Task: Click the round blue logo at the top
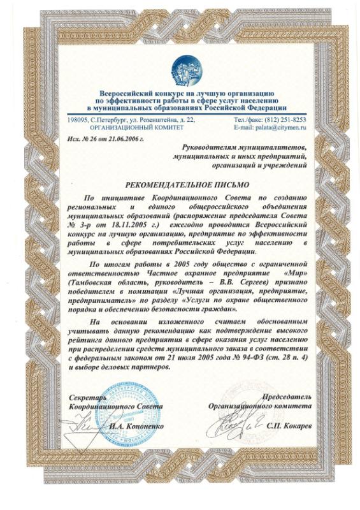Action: point(185,69)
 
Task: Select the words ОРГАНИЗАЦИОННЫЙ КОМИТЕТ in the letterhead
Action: point(123,127)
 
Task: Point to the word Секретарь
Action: point(89,397)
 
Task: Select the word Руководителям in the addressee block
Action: point(217,147)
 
